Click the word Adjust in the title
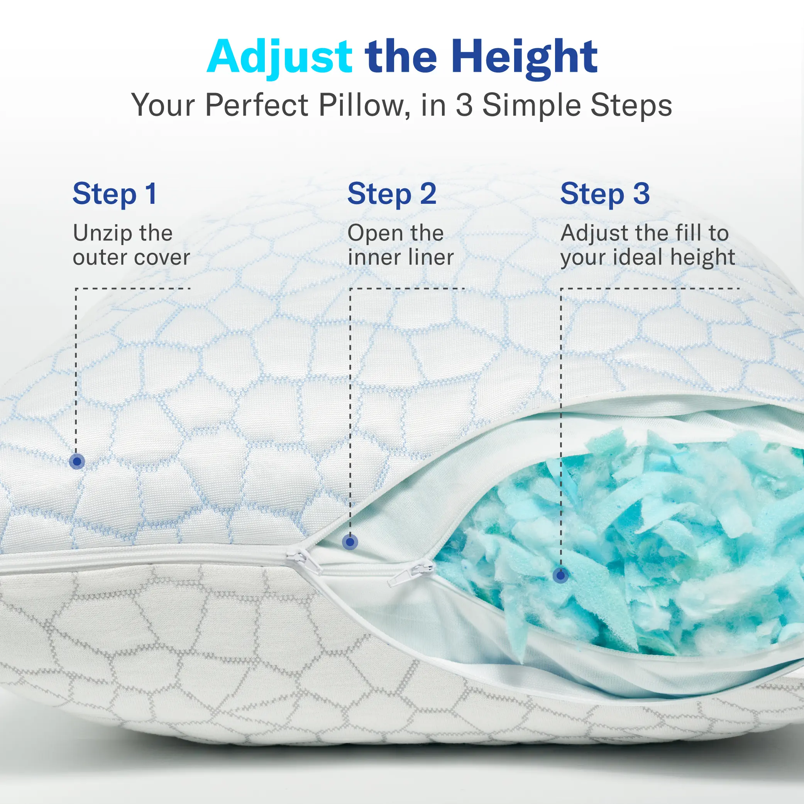[280, 58]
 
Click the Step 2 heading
[392, 194]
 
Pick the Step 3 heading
[605, 194]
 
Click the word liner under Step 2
[431, 257]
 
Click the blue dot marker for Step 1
[77, 462]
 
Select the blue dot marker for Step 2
[350, 542]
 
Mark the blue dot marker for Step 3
[561, 575]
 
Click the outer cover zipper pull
[303, 560]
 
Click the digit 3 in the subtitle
[464, 105]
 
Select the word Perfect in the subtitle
[257, 105]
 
